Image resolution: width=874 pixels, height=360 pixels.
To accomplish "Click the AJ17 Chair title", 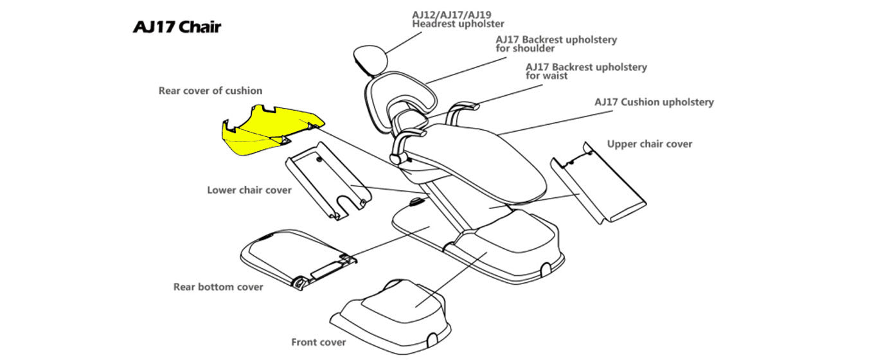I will [x=177, y=27].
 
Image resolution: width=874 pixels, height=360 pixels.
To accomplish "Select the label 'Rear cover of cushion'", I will [x=210, y=91].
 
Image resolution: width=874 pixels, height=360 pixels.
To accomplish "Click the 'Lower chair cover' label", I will [x=249, y=190].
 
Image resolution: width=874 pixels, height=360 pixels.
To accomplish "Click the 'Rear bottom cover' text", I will [x=218, y=287].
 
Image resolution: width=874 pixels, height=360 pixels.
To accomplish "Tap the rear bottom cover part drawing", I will [x=289, y=254].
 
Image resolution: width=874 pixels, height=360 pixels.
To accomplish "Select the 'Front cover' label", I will [x=318, y=342].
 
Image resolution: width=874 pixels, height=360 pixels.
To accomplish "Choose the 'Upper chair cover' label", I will [x=650, y=144].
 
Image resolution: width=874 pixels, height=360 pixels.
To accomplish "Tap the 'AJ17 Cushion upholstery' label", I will [x=654, y=102].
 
